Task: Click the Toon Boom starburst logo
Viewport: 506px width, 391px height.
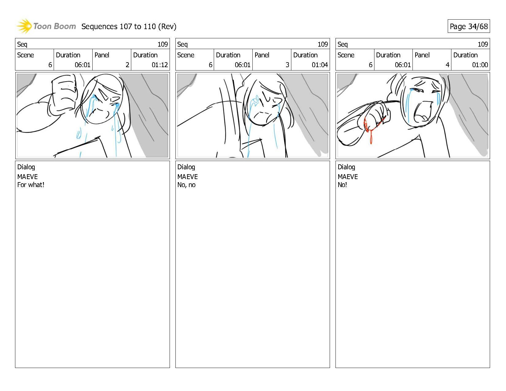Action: pos(24,26)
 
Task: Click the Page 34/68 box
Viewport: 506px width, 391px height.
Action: pos(469,26)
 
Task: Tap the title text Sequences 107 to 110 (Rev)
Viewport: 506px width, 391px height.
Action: pos(129,27)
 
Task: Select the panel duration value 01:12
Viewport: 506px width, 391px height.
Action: pos(160,65)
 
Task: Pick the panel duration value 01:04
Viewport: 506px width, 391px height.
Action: pos(320,65)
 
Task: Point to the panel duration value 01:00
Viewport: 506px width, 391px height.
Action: pos(480,65)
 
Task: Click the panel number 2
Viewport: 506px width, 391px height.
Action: pos(127,65)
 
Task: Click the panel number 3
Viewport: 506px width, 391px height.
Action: pos(287,65)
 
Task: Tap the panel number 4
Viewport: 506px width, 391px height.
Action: pos(447,65)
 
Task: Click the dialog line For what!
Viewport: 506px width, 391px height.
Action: pos(31,185)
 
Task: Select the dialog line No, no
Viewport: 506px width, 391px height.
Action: pos(186,185)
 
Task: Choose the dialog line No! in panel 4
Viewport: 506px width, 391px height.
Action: pos(342,185)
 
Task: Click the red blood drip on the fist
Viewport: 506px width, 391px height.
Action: pos(371,136)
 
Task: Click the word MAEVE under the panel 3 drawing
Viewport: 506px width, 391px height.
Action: pos(187,177)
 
